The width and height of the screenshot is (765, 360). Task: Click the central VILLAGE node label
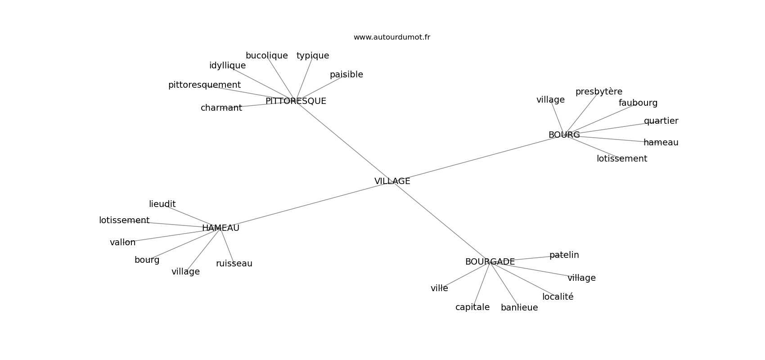pos(392,181)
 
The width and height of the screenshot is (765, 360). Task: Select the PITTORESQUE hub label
pos(296,101)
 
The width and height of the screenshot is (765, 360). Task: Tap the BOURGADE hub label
pos(490,262)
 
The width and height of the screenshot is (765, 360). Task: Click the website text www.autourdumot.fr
pos(391,37)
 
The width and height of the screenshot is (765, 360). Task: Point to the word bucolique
pos(266,56)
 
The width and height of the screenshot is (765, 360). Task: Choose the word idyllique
pos(227,66)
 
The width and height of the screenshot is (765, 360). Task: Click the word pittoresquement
pos(204,85)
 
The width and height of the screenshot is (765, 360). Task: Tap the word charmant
pos(221,108)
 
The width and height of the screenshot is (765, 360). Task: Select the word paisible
pos(346,75)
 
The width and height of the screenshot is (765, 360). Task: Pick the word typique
pos(313,56)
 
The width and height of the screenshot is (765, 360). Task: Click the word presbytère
pos(598,92)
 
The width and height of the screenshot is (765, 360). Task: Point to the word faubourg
pos(638,103)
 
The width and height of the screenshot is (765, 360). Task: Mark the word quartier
pos(661,121)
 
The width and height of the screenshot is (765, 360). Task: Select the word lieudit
pos(162,204)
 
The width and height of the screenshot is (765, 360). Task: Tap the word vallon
pos(122,243)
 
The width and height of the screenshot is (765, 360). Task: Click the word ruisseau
pos(234,264)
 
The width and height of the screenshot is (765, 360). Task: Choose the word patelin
pos(564,255)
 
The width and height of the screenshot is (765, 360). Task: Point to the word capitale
pos(472,307)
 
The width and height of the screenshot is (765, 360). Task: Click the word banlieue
pos(519,308)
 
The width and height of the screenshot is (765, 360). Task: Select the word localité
pos(558,297)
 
